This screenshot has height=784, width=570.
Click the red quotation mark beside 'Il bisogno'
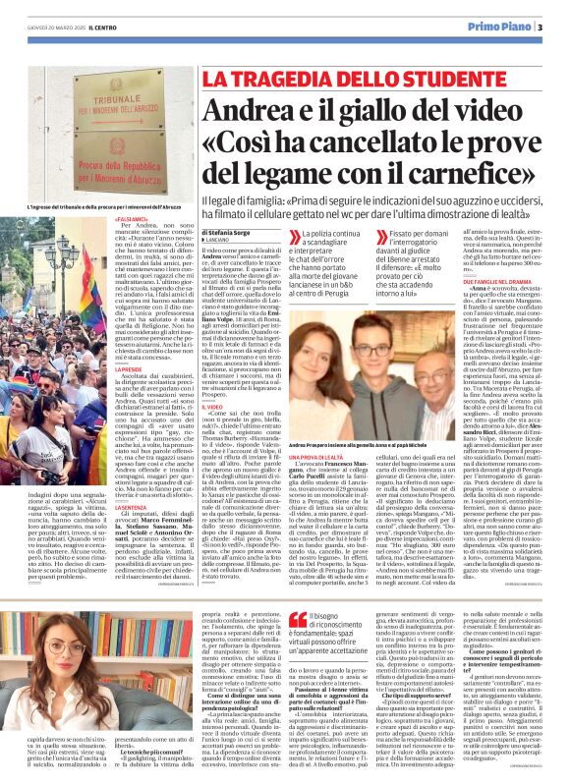tap(292, 619)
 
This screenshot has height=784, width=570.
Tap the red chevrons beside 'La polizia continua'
tap(294, 236)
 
